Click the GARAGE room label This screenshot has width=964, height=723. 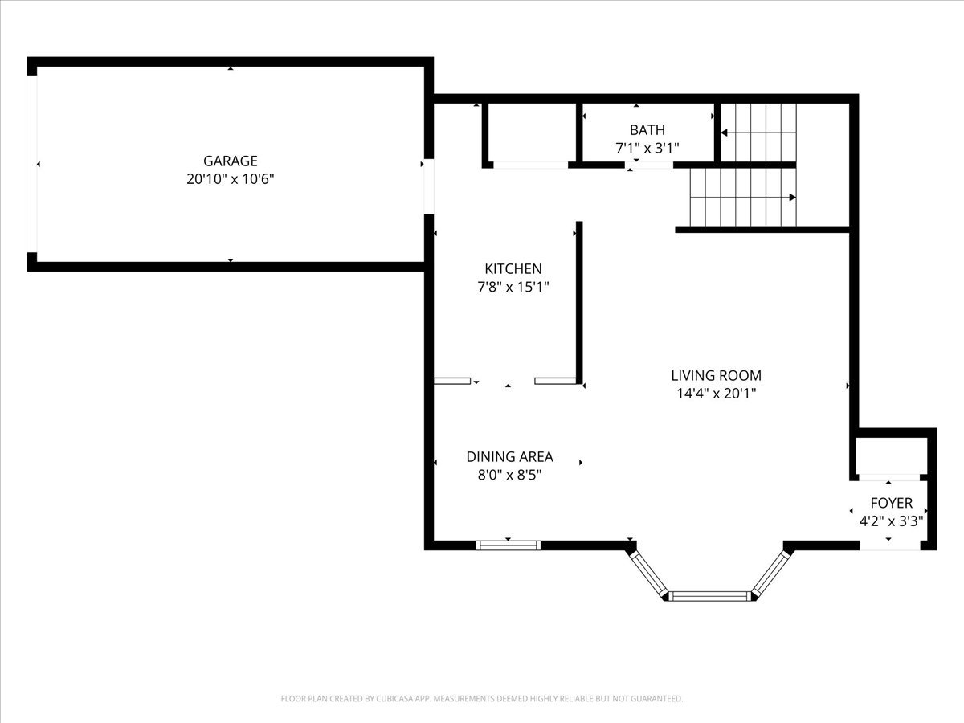click(230, 161)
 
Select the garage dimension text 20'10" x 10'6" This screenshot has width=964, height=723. click(230, 179)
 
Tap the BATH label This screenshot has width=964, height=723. click(647, 130)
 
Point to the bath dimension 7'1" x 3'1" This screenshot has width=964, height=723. click(647, 148)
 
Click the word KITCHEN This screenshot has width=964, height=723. click(513, 268)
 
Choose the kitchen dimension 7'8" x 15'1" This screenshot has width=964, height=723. click(513, 287)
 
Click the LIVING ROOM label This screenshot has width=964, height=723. click(716, 375)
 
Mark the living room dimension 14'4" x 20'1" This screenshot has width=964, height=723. click(716, 394)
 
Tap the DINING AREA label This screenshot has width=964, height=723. click(509, 456)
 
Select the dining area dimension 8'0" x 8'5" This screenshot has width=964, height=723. click(509, 475)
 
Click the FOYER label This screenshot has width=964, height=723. click(891, 503)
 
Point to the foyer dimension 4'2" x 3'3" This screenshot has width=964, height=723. click(891, 521)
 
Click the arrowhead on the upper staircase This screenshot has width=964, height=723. click(724, 133)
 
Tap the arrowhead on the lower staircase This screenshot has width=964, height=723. click(792, 198)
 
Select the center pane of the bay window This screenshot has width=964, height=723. click(709, 596)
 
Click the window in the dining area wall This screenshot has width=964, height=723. click(509, 545)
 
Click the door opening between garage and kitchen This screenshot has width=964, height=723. click(429, 186)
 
